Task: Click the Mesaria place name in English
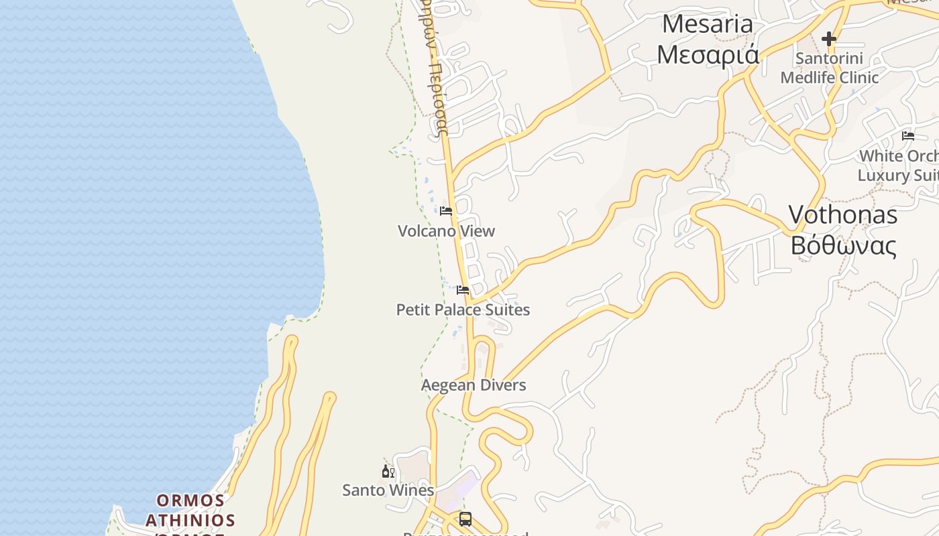[708, 24]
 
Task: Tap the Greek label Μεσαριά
[708, 54]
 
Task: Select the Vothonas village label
[842, 214]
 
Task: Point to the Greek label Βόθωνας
[842, 246]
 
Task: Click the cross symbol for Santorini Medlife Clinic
[829, 39]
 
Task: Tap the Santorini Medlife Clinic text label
[829, 68]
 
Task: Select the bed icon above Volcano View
[446, 212]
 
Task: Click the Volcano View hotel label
[446, 231]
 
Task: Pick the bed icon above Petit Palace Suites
[463, 290]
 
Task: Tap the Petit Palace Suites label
[463, 310]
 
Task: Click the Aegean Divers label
[474, 385]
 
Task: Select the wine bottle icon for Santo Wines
[388, 472]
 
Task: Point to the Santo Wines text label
[388, 490]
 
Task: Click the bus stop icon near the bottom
[465, 519]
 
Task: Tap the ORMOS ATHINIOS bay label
[190, 511]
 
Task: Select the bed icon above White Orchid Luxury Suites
[908, 135]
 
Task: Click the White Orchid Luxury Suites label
[899, 165]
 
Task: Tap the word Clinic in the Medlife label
[857, 78]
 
